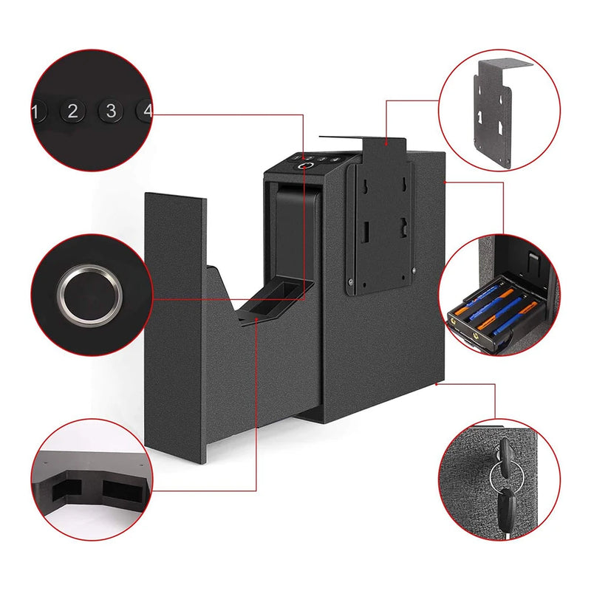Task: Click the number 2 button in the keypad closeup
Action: coord(72,111)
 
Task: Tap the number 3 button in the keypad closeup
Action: coord(111,111)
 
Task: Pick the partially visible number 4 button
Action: coord(144,110)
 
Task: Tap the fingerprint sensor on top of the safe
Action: coord(305,166)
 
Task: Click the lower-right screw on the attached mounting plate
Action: coord(414,270)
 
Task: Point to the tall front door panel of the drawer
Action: coord(176,327)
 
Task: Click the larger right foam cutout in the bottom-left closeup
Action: coord(120,489)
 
